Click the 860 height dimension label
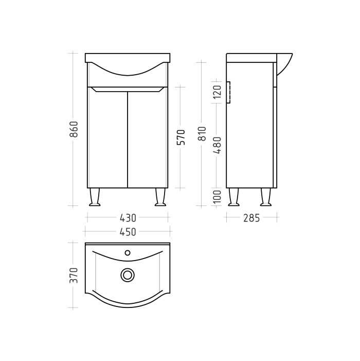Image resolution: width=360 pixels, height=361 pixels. pos(74,129)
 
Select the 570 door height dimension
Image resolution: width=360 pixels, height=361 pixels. pos(181,137)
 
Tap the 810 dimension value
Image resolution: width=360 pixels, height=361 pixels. pos(202,134)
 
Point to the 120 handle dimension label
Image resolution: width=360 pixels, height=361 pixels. pos(217,92)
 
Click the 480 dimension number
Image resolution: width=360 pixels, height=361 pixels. pos(217,145)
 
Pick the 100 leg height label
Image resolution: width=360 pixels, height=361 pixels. pos(217,197)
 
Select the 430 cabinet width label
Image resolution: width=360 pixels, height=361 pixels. pos(128,218)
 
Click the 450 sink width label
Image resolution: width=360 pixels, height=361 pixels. pos(128,232)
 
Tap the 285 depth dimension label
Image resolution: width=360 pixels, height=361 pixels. pos(251,218)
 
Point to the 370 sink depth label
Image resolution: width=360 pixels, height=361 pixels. pos(74,275)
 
